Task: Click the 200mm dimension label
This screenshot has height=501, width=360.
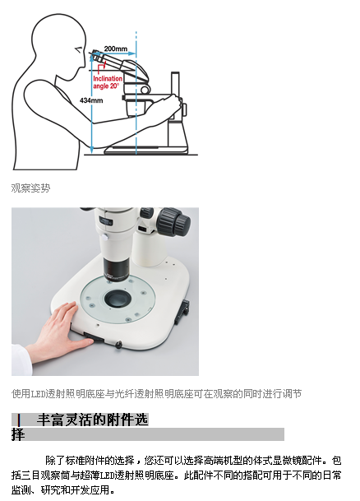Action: click(115, 49)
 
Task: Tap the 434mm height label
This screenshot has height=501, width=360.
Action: click(91, 100)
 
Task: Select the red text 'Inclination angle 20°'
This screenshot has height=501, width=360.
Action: click(108, 82)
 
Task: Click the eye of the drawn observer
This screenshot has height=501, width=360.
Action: click(78, 49)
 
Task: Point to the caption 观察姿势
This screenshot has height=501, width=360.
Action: click(30, 188)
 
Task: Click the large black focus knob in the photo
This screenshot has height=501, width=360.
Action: click(174, 221)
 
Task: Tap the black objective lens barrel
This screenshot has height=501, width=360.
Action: click(116, 269)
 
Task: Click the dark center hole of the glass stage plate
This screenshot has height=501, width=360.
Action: click(118, 299)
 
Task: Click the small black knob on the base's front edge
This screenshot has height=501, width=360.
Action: click(118, 344)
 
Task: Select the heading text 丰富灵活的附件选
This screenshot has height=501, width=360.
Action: click(93, 420)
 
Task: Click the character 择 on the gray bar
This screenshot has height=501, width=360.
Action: click(18, 434)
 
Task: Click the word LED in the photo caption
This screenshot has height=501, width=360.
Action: click(38, 393)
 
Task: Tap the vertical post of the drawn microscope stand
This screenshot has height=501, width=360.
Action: click(175, 84)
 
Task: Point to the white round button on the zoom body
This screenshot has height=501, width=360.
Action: click(104, 237)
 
